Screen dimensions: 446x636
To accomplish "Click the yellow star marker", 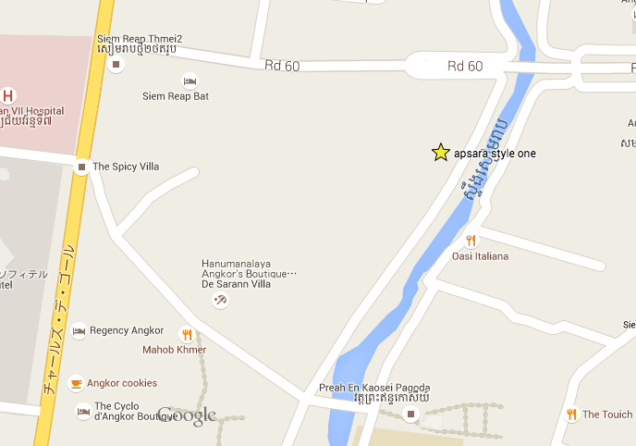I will coord(441,153).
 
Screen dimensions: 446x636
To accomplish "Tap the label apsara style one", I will coord(495,154).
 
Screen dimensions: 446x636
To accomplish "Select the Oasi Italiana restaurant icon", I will coord(471,242).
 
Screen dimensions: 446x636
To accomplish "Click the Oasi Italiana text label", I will coord(481,256).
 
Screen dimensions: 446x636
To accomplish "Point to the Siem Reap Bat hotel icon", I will coord(190,81).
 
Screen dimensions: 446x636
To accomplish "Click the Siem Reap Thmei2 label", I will coord(140,39).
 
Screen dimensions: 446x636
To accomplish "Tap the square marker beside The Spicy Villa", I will coord(81,167).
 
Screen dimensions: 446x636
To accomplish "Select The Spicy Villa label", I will coord(126,167).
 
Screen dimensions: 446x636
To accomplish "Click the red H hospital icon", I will coord(8,95).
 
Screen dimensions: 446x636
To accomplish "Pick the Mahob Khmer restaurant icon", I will coord(187,335).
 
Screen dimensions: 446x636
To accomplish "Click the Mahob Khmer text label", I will coord(174,350).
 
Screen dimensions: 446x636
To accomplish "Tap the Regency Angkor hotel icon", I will coord(79,330).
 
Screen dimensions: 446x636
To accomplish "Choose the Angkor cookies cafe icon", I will coord(76,383).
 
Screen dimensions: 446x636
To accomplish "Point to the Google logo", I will coord(187,415).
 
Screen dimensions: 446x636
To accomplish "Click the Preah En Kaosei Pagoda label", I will coord(374,388).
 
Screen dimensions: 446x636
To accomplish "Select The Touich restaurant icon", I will coord(571,415).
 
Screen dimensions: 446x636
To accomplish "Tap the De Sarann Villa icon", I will coord(220,300).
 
